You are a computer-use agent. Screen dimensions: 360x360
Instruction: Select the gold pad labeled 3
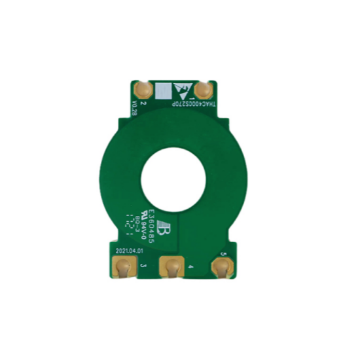coord(122,267)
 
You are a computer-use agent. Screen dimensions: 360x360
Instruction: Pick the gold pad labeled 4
coord(173,267)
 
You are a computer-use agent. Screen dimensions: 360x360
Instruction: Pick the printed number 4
coord(190,267)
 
